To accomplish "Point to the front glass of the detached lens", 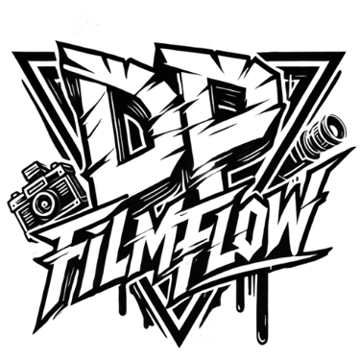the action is (333, 128).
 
